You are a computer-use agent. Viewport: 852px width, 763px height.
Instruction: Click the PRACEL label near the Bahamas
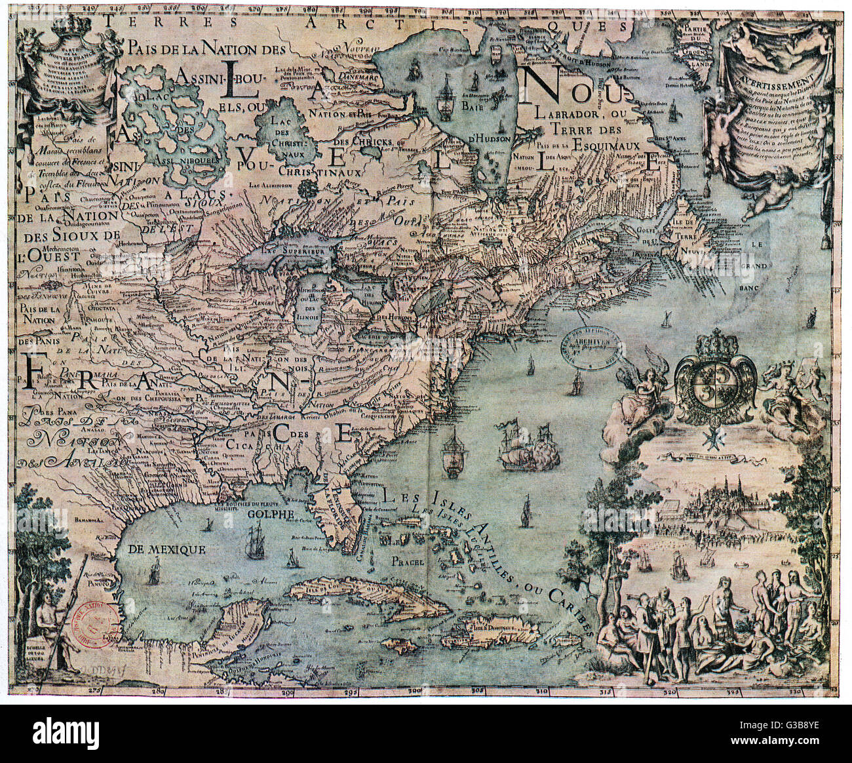(x=406, y=562)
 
